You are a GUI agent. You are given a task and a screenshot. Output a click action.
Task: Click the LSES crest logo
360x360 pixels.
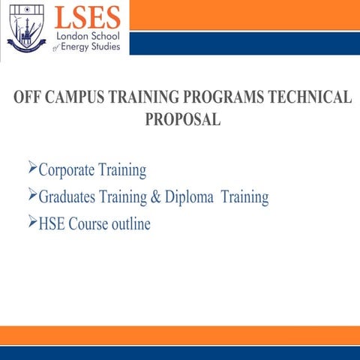[x=26, y=27]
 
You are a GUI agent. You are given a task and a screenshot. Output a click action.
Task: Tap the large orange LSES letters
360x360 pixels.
[x=87, y=17]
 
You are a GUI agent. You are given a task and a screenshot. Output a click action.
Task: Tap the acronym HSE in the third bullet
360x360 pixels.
[x=51, y=224]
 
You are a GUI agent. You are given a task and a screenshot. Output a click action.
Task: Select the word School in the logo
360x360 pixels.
[x=109, y=36]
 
